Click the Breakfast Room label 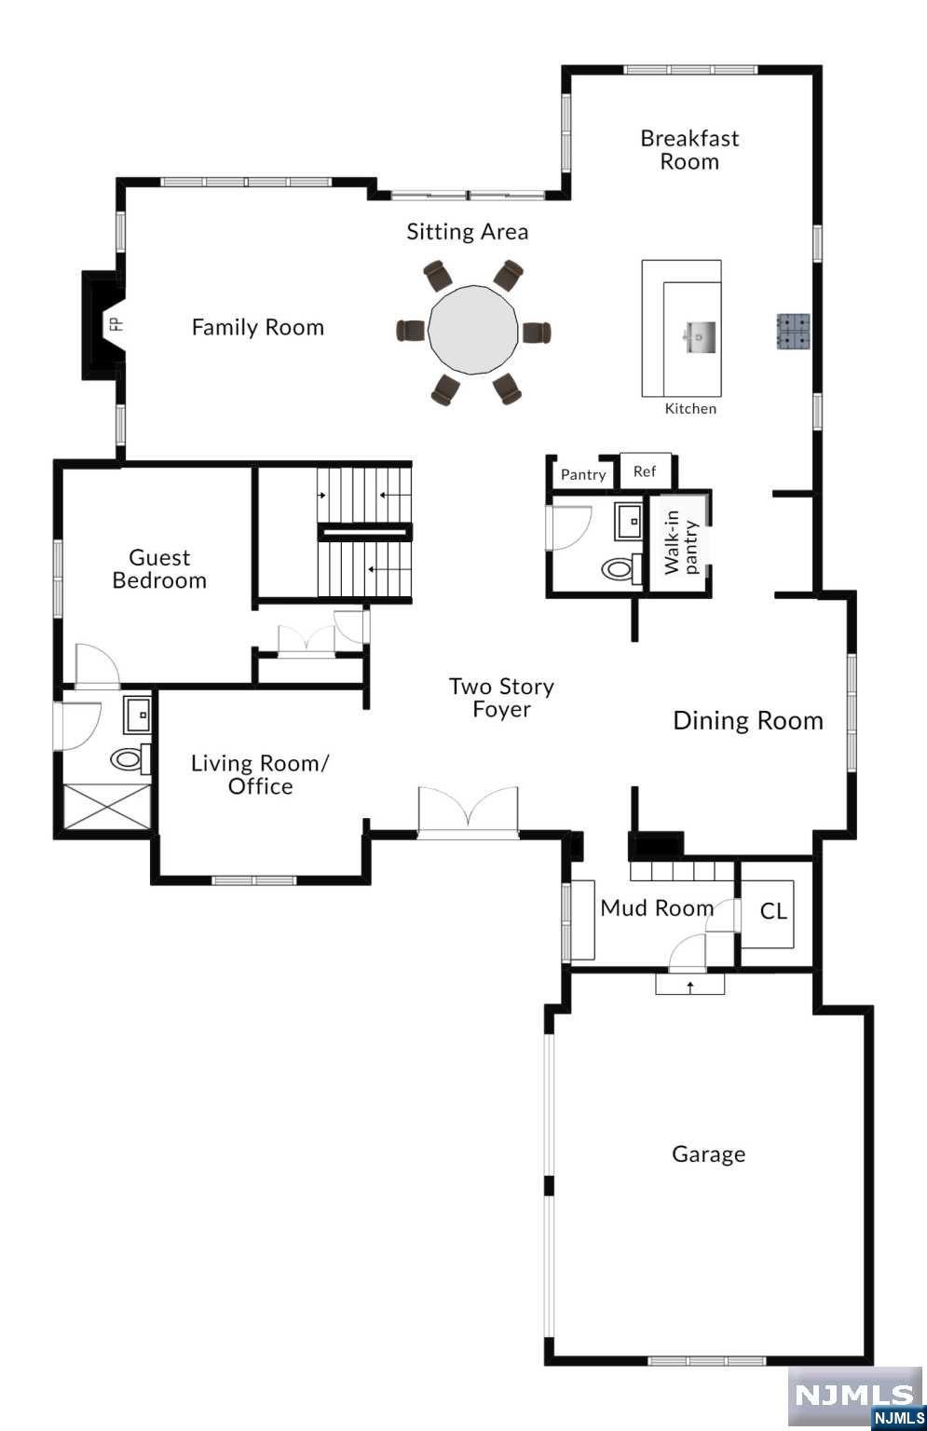click(689, 150)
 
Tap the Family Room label click(258, 327)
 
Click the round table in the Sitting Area click(473, 330)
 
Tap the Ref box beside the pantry click(645, 471)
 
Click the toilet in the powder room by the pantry click(620, 566)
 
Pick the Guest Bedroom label click(159, 569)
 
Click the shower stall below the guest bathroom click(106, 807)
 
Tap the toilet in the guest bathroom click(130, 758)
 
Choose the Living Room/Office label click(260, 774)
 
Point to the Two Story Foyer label click(501, 698)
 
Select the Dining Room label click(748, 720)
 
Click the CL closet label click(773, 911)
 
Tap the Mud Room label click(657, 907)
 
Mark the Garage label click(708, 1154)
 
